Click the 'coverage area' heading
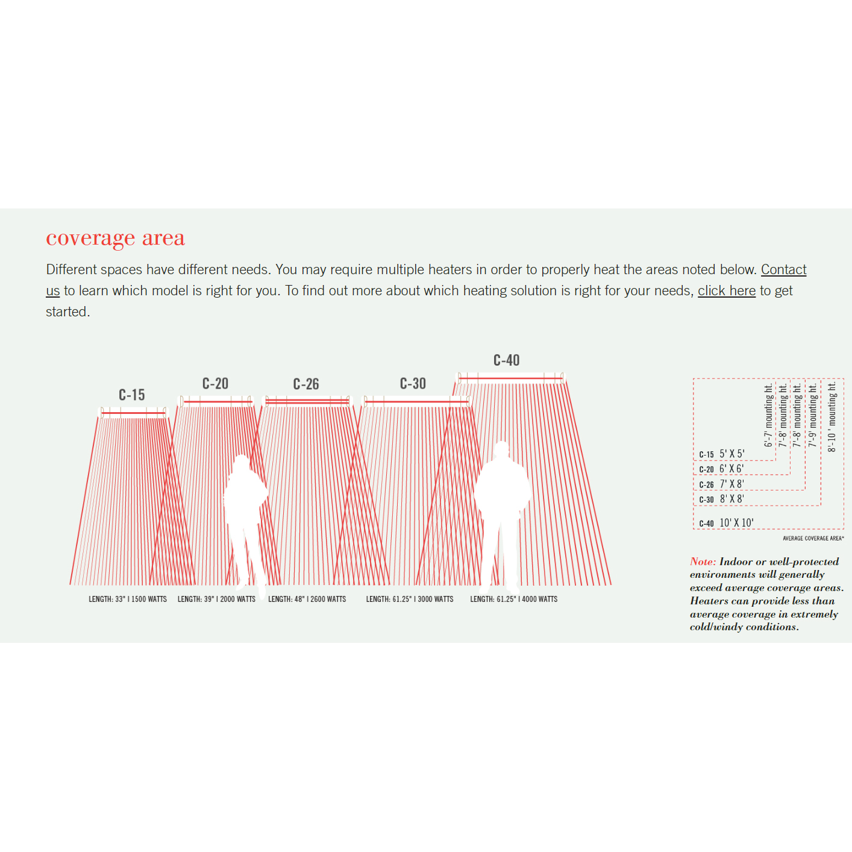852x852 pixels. [x=116, y=239]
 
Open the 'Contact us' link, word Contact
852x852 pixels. [x=783, y=269]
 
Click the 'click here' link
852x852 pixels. [x=727, y=290]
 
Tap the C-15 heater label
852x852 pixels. [x=132, y=395]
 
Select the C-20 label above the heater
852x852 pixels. [x=215, y=383]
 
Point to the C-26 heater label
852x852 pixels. [x=306, y=384]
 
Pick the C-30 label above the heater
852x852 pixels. [x=413, y=383]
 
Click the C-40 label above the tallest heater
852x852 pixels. [x=507, y=360]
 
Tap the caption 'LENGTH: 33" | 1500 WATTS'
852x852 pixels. [x=128, y=599]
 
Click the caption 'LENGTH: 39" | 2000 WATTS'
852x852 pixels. [x=217, y=599]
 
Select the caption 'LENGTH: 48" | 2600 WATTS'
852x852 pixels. [x=307, y=599]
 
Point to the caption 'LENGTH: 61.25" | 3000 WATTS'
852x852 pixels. [x=410, y=599]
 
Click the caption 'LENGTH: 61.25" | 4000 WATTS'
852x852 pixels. [x=514, y=599]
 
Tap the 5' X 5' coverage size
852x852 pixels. [x=732, y=454]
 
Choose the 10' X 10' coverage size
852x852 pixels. [x=736, y=522]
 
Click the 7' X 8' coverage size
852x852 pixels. [x=731, y=484]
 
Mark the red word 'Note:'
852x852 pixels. [x=703, y=562]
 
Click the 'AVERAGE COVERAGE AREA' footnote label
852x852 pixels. [x=813, y=538]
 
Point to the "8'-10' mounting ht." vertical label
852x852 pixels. [x=832, y=417]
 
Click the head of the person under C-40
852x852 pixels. [x=501, y=449]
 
